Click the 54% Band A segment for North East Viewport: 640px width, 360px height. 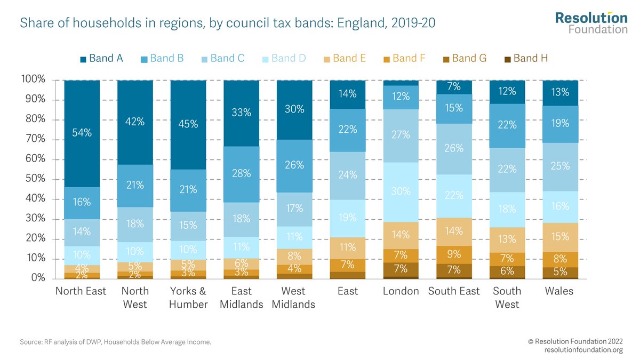82,133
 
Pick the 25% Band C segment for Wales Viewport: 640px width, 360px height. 560,167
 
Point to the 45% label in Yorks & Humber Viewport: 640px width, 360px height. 188,124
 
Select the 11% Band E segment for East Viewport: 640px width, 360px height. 347,248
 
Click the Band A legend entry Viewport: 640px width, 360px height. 101,59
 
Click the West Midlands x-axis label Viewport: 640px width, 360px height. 294,298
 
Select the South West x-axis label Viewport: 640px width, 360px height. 507,298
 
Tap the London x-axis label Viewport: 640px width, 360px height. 401,291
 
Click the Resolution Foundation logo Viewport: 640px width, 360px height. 591,22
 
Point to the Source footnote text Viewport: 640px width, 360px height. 116,342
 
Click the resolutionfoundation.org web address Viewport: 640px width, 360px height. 583,350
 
